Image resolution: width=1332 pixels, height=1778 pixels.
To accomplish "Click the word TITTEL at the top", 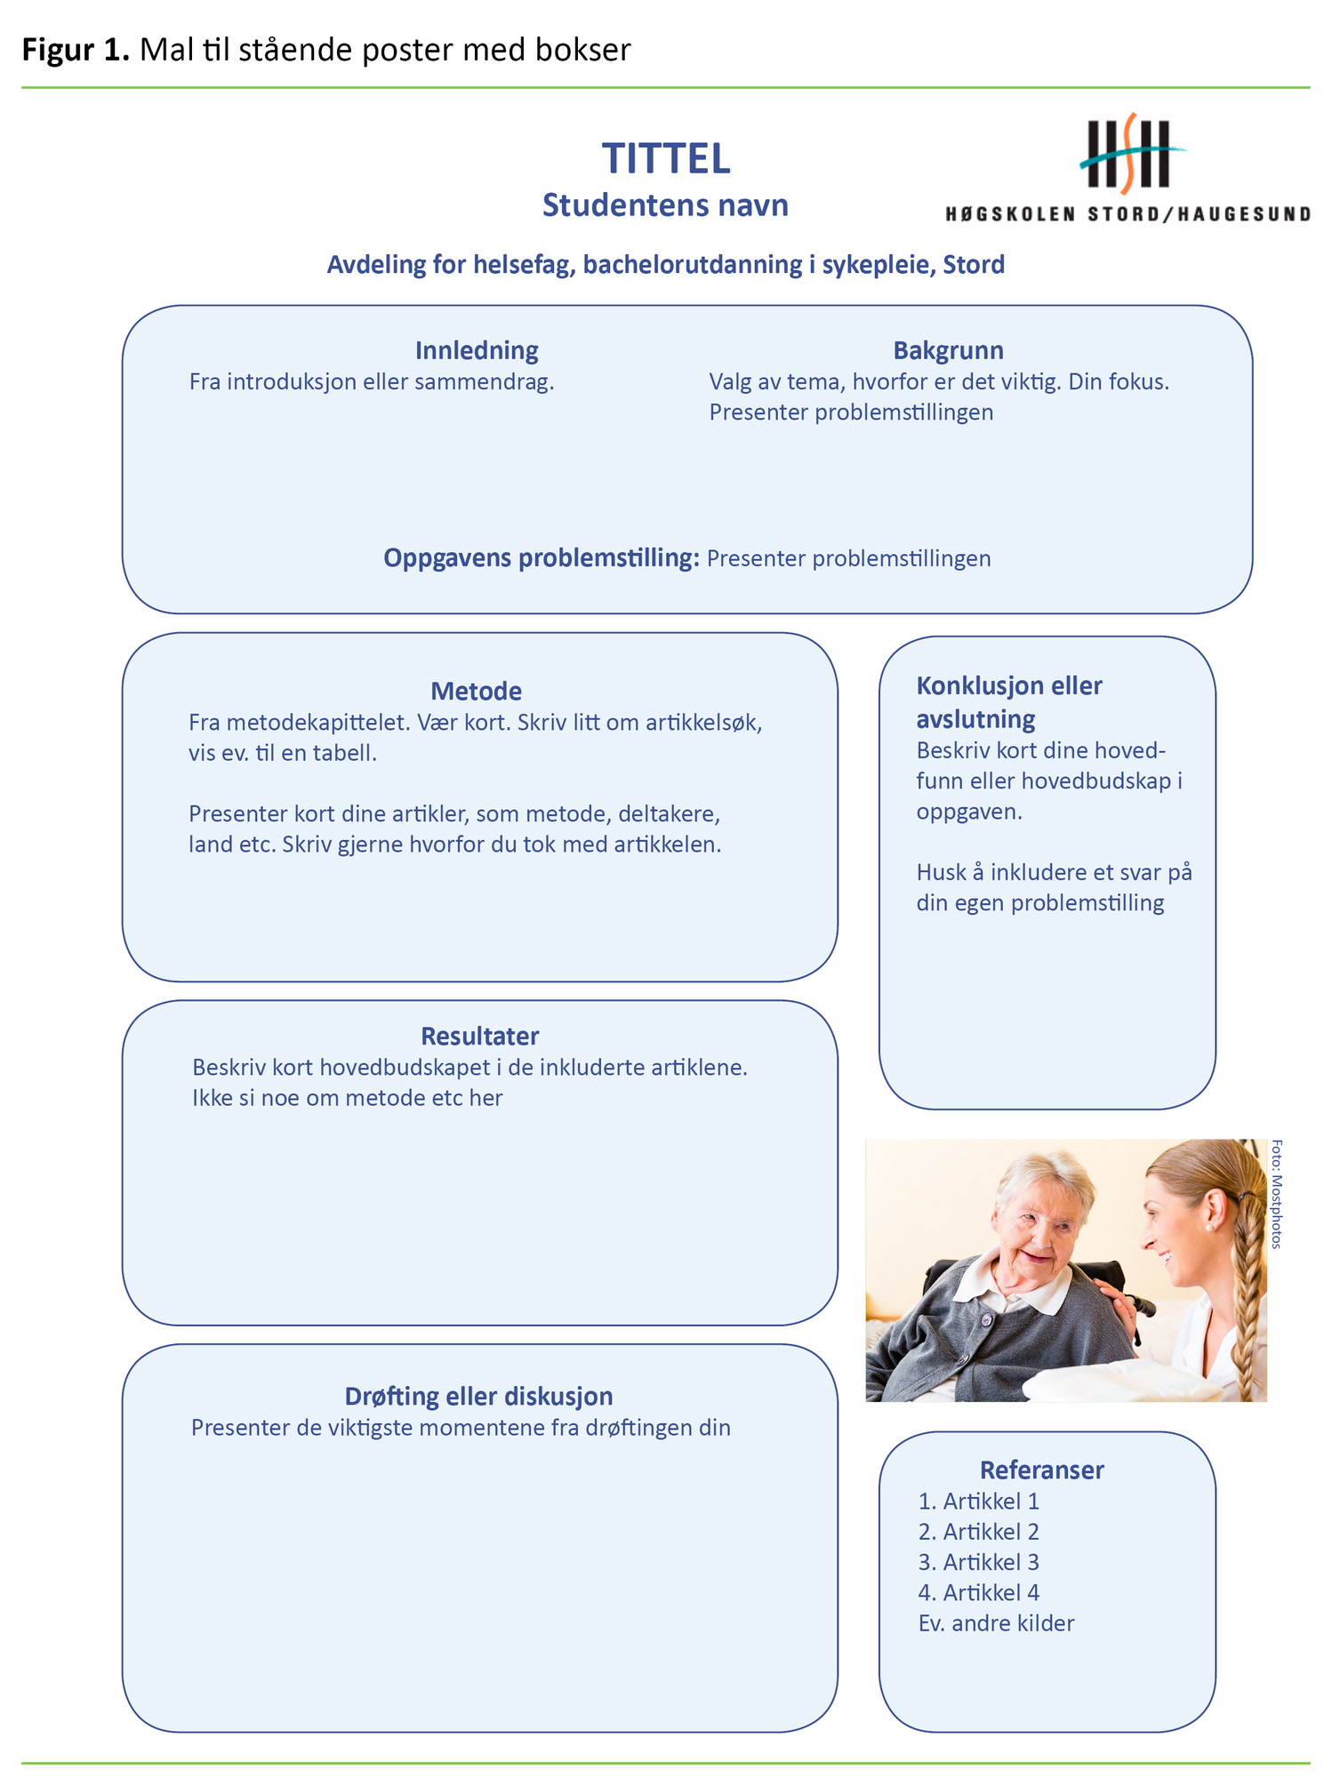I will coord(666,159).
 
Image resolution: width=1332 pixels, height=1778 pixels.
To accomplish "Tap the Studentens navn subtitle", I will coord(665,205).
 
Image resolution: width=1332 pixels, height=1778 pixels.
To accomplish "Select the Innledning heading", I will coord(477,350).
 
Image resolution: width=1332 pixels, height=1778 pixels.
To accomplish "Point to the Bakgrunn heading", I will coord(948,350).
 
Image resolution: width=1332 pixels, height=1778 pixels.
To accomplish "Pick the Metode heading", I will coord(476,691).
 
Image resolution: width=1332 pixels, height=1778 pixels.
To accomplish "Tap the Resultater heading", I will coord(479,1036).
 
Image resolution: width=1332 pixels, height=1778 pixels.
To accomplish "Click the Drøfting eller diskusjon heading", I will coord(478,1397).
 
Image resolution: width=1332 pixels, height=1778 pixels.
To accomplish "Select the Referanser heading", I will coord(1041,1470).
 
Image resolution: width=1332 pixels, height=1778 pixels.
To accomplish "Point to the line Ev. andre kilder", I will coord(996,1623).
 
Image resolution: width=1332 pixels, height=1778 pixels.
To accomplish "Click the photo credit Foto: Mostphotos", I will coord(1276,1194).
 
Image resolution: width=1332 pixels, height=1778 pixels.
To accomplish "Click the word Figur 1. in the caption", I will coord(76,50).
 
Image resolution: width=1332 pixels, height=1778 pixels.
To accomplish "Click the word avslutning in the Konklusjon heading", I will coord(975,719).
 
